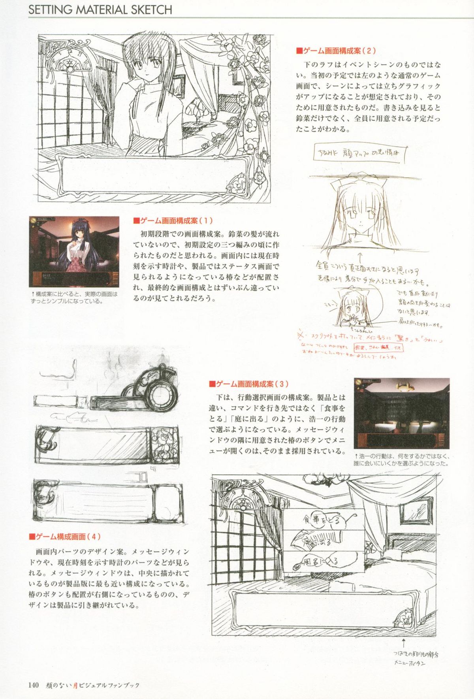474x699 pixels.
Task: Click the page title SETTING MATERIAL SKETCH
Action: [100, 9]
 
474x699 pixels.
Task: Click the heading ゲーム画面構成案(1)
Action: [173, 220]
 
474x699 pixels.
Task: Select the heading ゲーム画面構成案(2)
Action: [336, 51]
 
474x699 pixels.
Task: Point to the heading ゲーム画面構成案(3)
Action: [248, 384]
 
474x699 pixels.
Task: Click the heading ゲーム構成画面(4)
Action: [65, 537]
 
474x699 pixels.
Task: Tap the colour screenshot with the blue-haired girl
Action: [74, 251]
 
